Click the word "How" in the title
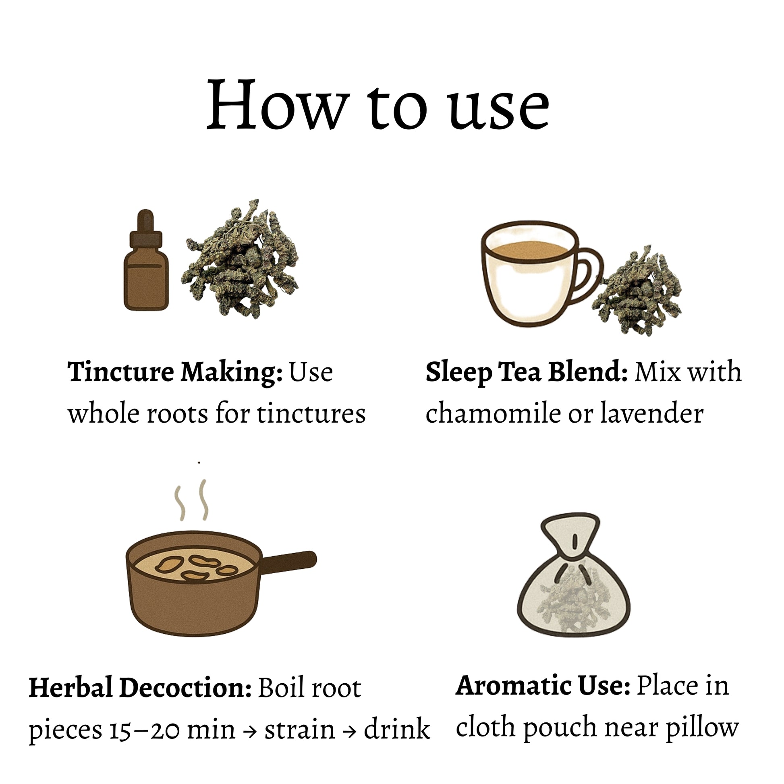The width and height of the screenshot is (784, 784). [x=278, y=105]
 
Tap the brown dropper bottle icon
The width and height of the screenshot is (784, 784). [x=146, y=261]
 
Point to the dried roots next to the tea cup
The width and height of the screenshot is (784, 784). [x=637, y=291]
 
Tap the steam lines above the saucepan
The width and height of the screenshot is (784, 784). [x=191, y=500]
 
